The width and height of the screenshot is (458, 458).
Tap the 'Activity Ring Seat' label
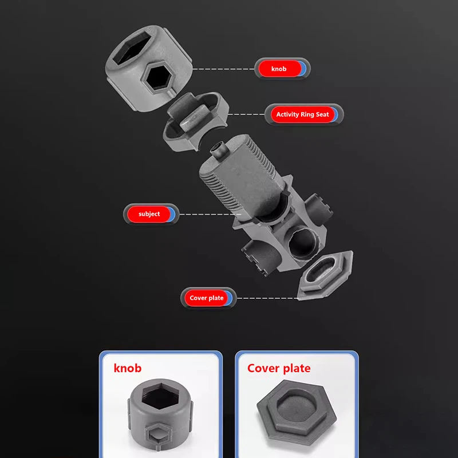pos(303,114)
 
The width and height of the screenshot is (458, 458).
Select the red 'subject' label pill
pos(149,214)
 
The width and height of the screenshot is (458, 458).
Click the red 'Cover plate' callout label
pos(206,298)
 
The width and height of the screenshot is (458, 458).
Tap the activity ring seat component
pos(195,121)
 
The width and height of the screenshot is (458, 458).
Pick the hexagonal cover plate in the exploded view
pos(325,275)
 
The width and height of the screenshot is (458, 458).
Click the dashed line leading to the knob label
pos(223,69)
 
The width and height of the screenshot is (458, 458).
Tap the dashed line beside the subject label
pos(210,214)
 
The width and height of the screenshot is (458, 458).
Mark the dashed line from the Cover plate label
pos(267,298)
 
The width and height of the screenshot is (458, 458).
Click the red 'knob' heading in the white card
pos(128,368)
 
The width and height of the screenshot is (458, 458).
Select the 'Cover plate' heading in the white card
pos(279,368)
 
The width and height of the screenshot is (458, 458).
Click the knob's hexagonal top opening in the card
pos(160,396)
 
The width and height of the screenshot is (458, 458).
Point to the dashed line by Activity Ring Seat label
pos(246,114)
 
